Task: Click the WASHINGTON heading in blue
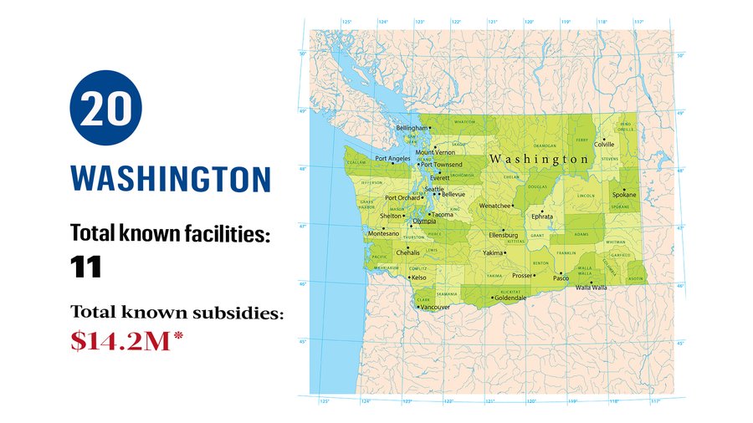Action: [171, 179]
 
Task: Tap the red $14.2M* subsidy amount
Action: [125, 342]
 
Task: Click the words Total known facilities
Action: [171, 234]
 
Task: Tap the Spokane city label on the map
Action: [624, 195]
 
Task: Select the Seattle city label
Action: [434, 189]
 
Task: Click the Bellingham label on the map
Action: [411, 128]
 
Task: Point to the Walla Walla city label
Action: [592, 288]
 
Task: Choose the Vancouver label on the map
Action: [435, 308]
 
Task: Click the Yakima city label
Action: [493, 252]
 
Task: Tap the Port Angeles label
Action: [392, 158]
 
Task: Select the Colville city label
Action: [603, 145]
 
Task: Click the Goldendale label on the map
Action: [510, 298]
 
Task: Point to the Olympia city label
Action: [424, 221]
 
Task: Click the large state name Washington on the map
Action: [539, 159]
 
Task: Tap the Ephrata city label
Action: [542, 216]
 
